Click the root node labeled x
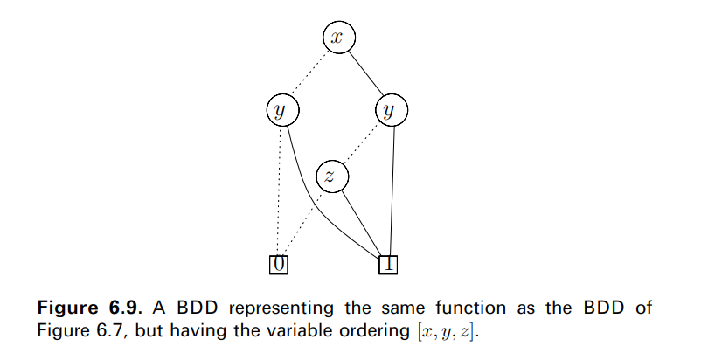point(339,38)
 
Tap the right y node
point(391,110)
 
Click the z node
point(330,176)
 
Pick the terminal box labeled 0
point(279,262)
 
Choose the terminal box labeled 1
point(388,262)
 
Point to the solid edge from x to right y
point(365,73)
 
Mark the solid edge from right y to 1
point(391,188)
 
